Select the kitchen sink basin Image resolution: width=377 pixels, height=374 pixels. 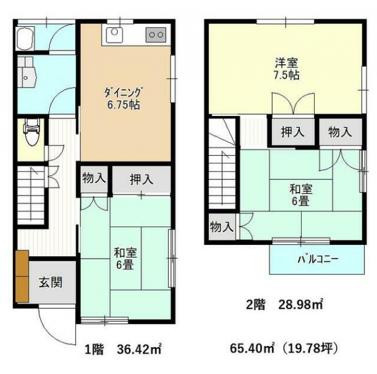[114, 35]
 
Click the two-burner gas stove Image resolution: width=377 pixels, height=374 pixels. [156, 35]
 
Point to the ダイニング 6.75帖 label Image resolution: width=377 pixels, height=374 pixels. [123, 98]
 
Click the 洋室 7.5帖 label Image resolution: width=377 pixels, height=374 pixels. [287, 69]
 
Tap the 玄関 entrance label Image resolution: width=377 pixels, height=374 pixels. [51, 282]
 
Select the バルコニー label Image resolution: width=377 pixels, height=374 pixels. [318, 259]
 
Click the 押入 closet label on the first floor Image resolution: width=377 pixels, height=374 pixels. [141, 180]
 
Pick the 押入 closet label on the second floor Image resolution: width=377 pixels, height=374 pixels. [292, 132]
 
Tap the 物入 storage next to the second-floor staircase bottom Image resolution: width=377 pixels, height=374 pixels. [221, 227]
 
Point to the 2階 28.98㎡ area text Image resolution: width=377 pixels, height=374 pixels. [284, 305]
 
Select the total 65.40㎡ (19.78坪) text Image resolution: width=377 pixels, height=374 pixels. [284, 348]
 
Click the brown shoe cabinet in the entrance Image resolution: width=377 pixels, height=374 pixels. [22, 276]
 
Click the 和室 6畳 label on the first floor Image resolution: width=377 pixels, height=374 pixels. [125, 259]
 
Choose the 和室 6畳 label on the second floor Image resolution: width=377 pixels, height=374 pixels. [300, 195]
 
